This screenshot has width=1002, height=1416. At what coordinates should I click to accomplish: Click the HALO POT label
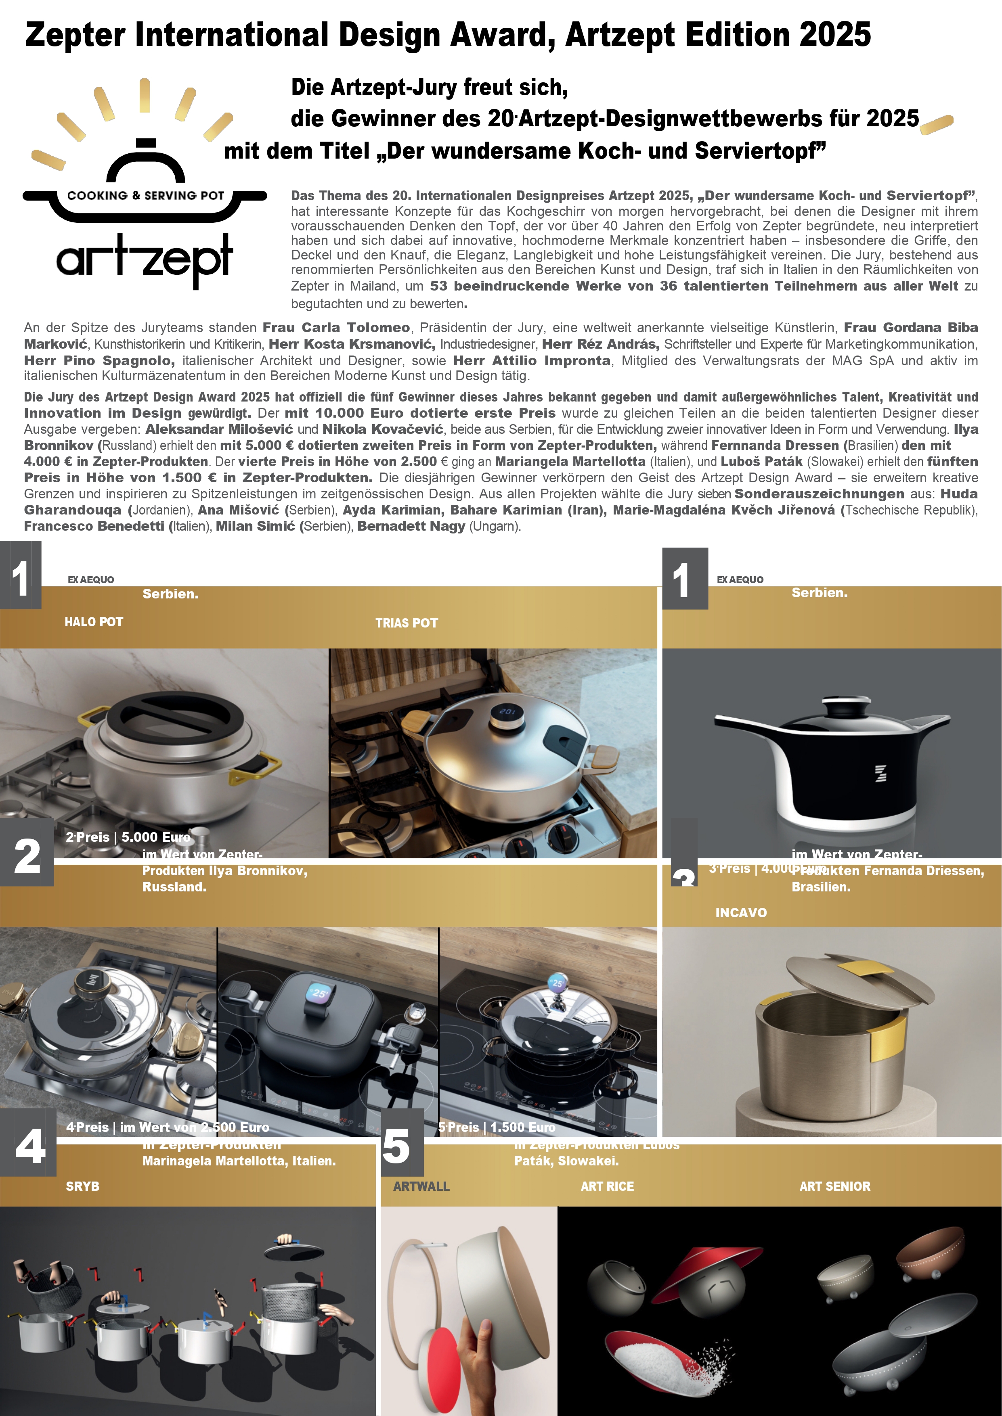pos(94,622)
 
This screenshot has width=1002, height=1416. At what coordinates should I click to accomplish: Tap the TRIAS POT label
pos(407,623)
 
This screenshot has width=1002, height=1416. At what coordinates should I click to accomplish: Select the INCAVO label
pos(741,913)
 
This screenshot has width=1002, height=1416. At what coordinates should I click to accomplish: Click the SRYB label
pos(83,1186)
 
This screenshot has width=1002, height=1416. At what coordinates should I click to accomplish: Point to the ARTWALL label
pos(421,1186)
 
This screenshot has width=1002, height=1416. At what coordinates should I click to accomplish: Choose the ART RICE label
pos(607,1186)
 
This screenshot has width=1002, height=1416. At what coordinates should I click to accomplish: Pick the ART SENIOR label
pos(835,1186)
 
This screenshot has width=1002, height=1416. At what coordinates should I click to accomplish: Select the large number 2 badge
pos(27,856)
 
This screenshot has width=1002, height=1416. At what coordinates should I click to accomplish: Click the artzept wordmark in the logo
pos(145,259)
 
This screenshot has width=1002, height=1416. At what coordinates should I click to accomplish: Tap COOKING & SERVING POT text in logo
pos(146,195)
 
